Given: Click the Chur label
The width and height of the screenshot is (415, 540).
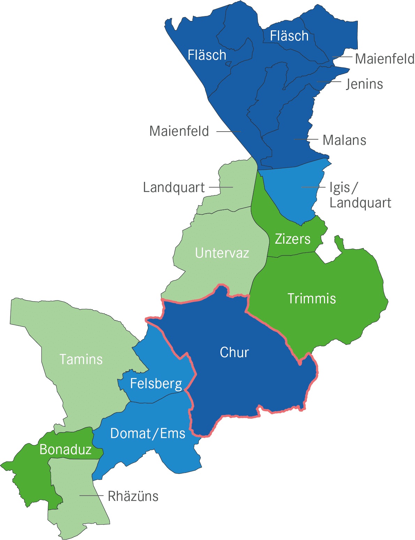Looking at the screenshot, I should click(x=234, y=353).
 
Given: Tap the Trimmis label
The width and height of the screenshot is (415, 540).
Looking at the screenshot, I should click(x=312, y=299).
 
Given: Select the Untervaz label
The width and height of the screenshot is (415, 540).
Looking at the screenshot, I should click(x=222, y=253).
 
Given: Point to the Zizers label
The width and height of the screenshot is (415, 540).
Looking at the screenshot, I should click(x=293, y=239).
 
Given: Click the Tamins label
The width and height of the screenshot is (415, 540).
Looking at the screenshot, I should click(x=81, y=360).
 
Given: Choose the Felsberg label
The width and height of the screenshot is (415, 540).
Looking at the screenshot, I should click(x=156, y=384).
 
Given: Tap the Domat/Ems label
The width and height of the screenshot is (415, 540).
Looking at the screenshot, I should click(x=148, y=434).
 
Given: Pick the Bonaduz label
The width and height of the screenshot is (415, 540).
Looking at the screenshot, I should click(x=66, y=450).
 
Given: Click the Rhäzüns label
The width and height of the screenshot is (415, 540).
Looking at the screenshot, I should click(x=133, y=496).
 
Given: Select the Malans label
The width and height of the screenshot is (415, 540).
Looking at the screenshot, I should click(x=345, y=140).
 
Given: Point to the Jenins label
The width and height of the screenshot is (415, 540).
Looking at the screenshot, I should click(x=364, y=84).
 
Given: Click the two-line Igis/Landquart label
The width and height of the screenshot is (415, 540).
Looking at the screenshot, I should click(x=360, y=195).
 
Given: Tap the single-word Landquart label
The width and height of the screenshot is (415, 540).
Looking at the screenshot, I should click(x=174, y=187).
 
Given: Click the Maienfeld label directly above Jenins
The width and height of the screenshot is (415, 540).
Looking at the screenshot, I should click(x=385, y=59).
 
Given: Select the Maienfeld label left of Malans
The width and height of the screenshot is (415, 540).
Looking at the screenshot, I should click(x=179, y=131).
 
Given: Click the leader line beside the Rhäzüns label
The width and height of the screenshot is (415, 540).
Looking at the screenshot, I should click(x=91, y=495).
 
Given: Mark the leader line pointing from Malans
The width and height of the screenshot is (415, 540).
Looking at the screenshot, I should click(x=306, y=139).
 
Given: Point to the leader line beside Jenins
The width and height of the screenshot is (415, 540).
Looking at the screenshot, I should click(x=329, y=82).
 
